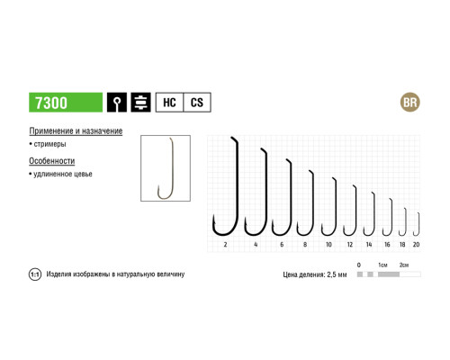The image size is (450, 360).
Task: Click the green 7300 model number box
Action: point(66,103)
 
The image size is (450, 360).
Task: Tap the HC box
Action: point(169,103)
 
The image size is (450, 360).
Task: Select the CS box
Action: point(197,103)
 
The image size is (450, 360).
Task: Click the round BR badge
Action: point(410,103)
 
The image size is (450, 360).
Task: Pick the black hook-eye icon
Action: point(117,103)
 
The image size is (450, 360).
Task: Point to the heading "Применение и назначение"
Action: point(76,131)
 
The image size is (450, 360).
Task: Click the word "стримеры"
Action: point(49,144)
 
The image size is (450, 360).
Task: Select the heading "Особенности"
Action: point(52,161)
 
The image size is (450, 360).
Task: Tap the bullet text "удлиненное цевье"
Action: point(63,174)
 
